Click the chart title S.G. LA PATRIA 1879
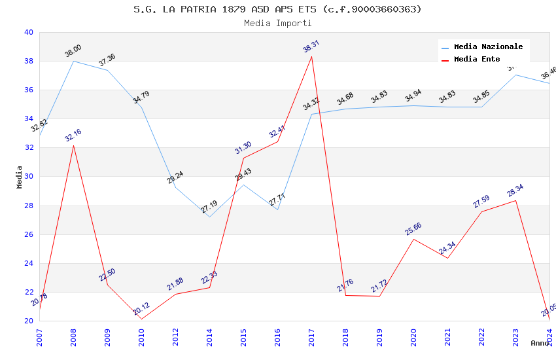(277, 9)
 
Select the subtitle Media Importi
(277, 23)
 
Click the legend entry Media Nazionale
(488, 46)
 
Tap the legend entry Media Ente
(477, 59)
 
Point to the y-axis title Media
(20, 177)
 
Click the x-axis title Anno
(540, 343)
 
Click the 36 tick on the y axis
(28, 90)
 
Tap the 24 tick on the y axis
(28, 264)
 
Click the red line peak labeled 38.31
(311, 56)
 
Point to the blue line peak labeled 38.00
(73, 61)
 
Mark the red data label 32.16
(73, 135)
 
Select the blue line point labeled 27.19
(209, 217)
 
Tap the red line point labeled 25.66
(413, 239)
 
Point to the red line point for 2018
(345, 295)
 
